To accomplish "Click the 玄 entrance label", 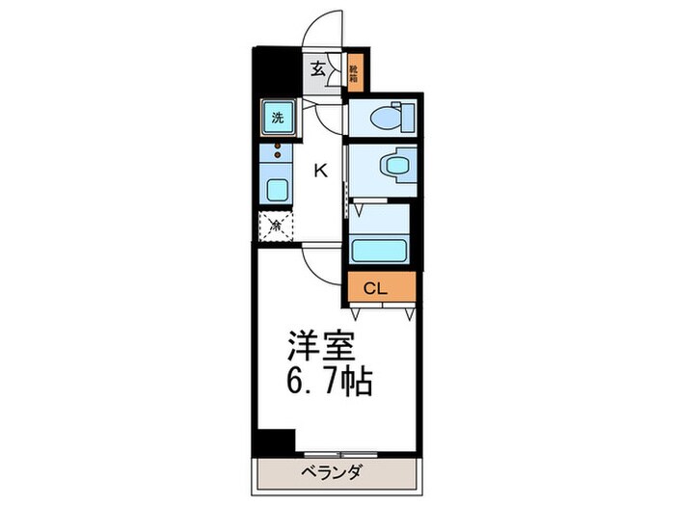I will (317, 69).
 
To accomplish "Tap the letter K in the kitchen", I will (320, 171).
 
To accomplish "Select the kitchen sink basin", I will (277, 189).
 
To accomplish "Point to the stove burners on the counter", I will (278, 151).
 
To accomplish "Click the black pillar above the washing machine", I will (274, 72).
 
